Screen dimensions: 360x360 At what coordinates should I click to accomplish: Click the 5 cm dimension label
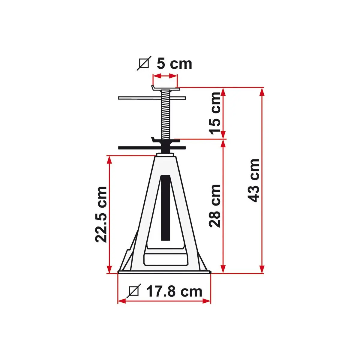[x=174, y=64]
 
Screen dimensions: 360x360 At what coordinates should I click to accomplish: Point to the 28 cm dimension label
[x=215, y=206]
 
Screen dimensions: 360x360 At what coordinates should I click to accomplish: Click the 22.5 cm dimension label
[x=101, y=214]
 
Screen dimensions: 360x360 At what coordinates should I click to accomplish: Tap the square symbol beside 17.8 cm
[x=134, y=291]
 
